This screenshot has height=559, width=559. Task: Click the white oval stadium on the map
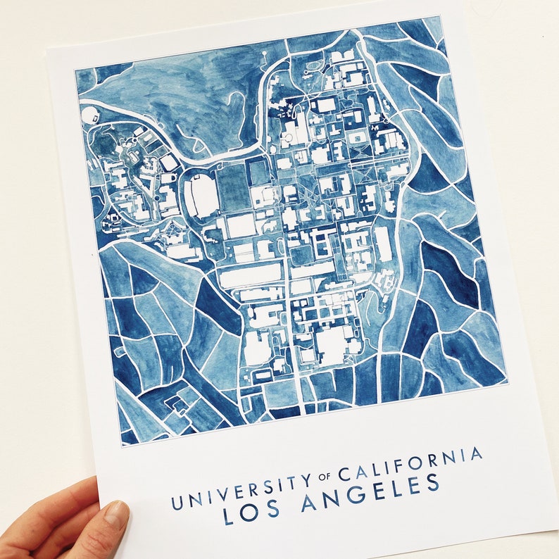coord(200,196)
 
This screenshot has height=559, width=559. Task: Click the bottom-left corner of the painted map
coord(121,445)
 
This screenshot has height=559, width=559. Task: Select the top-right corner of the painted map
coord(441,16)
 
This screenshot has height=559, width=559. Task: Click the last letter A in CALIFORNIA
coord(477,454)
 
